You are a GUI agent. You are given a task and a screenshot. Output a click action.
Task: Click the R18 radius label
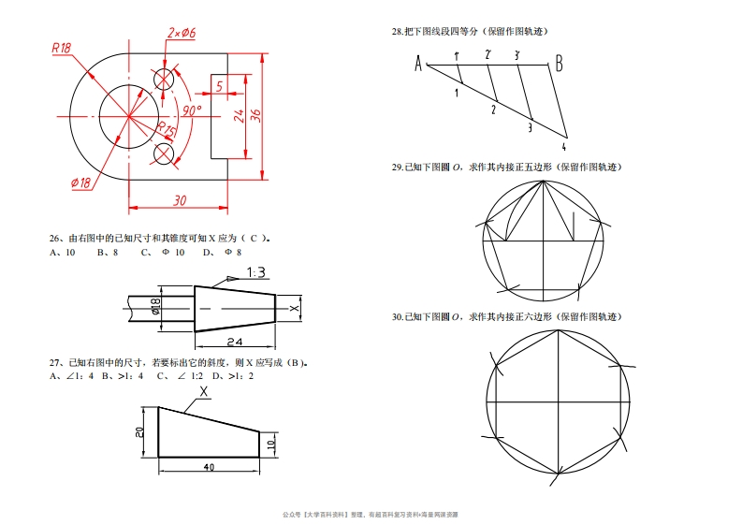(x=62, y=48)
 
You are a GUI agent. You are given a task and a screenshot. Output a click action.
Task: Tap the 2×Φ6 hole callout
(x=182, y=33)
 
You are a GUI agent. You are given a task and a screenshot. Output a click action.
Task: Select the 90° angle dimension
(x=192, y=110)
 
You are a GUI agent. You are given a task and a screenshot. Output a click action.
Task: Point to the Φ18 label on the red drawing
(x=80, y=182)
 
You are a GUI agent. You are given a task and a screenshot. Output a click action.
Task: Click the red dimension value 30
(x=180, y=200)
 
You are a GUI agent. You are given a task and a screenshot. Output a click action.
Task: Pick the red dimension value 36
(x=255, y=115)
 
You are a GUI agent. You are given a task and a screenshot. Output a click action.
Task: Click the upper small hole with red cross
(x=164, y=79)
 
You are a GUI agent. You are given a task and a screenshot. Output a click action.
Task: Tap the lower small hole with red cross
(x=164, y=153)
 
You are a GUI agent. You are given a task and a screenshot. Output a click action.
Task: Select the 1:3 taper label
(x=256, y=272)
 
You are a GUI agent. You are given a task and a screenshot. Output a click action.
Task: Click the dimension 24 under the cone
(x=235, y=342)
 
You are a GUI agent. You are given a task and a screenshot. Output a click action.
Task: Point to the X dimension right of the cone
(x=295, y=309)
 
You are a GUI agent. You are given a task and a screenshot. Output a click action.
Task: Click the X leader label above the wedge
(x=203, y=391)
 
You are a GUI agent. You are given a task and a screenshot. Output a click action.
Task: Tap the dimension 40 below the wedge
(x=209, y=467)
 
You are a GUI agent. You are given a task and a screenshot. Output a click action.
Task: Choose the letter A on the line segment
(x=418, y=64)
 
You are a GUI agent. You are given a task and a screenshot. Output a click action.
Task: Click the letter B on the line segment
(x=559, y=63)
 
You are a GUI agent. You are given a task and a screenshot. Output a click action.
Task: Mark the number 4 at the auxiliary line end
(x=563, y=147)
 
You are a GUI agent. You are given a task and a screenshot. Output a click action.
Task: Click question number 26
(x=55, y=238)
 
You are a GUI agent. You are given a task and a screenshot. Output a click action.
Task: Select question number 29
(x=397, y=168)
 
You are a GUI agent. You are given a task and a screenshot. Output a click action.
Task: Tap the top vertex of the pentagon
(x=544, y=181)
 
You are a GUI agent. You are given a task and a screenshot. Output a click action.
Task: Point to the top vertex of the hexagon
(x=559, y=330)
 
